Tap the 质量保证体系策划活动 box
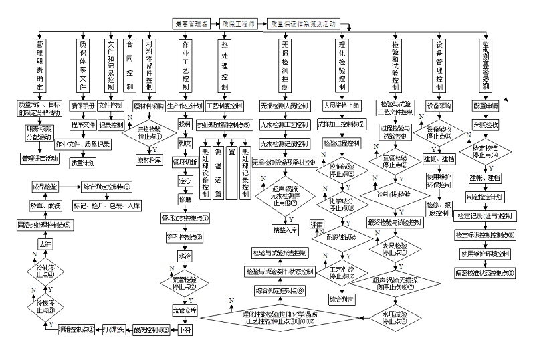[302, 23]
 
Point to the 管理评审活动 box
[40, 158]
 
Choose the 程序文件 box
[82, 124]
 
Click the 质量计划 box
[82, 162]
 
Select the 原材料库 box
[150, 159]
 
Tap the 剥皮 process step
[185, 143]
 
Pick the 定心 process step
[185, 181]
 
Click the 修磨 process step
[185, 199]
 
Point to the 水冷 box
[185, 256]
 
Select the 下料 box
[185, 330]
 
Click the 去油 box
[45, 246]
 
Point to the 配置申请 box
[486, 106]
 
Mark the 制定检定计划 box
[485, 197]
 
